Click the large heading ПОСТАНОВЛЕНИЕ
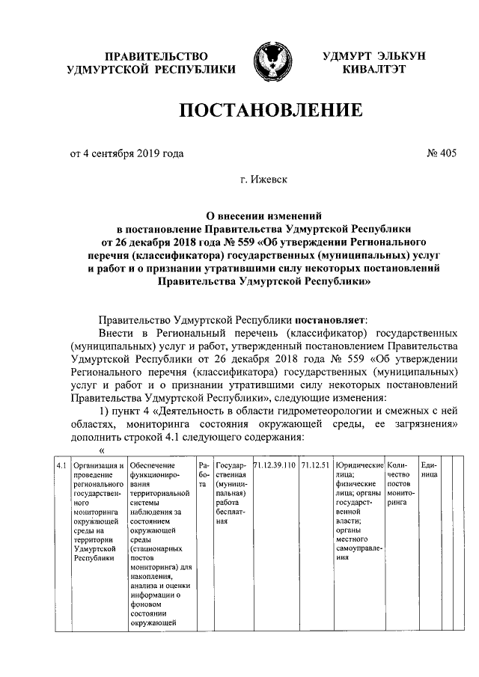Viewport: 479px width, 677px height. [271, 111]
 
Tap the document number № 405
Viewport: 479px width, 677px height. [441, 154]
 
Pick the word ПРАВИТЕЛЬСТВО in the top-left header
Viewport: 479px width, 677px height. [155, 56]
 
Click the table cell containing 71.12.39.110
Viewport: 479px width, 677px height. [275, 465]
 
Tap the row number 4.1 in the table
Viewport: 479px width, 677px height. [64, 465]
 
